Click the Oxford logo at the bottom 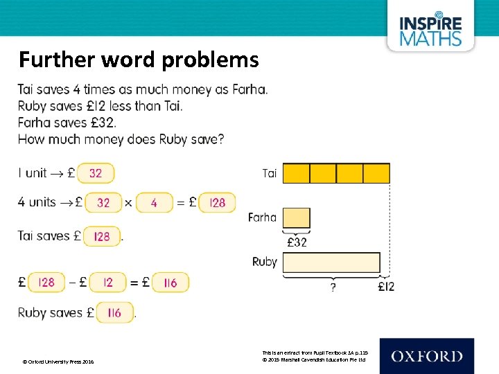point(427,357)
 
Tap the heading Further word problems point(139,60)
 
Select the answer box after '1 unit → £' point(96,173)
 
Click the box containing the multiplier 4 point(154,203)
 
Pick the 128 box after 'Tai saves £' point(102,236)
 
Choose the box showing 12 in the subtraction point(108,283)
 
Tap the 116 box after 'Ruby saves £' point(114,313)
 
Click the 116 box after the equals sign point(170,283)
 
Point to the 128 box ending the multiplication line point(217,203)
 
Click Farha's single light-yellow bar point(297,218)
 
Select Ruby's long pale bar point(331,262)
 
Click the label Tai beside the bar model point(270,173)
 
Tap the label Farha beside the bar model point(262,217)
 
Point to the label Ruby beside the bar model point(264,262)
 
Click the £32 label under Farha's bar point(297,242)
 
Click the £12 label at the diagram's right point(386,286)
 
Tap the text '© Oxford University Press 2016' point(59,362)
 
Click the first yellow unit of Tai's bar point(297,173)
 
